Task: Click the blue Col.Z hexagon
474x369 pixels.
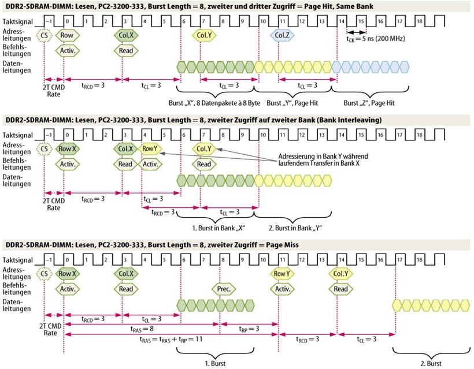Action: point(282,35)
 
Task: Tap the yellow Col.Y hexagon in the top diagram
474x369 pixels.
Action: point(205,35)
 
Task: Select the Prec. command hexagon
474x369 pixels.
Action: point(224,289)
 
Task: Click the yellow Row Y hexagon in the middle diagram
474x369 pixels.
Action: point(150,148)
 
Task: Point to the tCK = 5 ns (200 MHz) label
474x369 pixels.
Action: point(376,39)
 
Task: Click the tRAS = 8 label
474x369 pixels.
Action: point(142,329)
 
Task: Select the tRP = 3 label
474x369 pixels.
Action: point(249,329)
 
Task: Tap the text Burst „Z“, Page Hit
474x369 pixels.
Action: point(369,103)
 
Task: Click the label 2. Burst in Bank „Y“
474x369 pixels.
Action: point(295,228)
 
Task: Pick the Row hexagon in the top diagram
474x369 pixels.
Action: point(67,35)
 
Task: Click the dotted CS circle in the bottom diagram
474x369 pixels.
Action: point(44,274)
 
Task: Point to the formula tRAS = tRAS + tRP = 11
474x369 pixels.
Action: point(171,340)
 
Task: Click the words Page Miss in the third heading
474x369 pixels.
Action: point(282,245)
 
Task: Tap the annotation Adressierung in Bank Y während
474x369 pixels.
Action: point(323,156)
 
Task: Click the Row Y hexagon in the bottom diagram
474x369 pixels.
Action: point(282,274)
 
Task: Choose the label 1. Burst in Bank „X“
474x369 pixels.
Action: point(219,228)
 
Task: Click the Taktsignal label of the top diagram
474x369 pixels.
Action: point(17,22)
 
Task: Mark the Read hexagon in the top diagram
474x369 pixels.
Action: point(126,51)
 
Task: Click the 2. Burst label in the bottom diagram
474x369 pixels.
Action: point(431,364)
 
